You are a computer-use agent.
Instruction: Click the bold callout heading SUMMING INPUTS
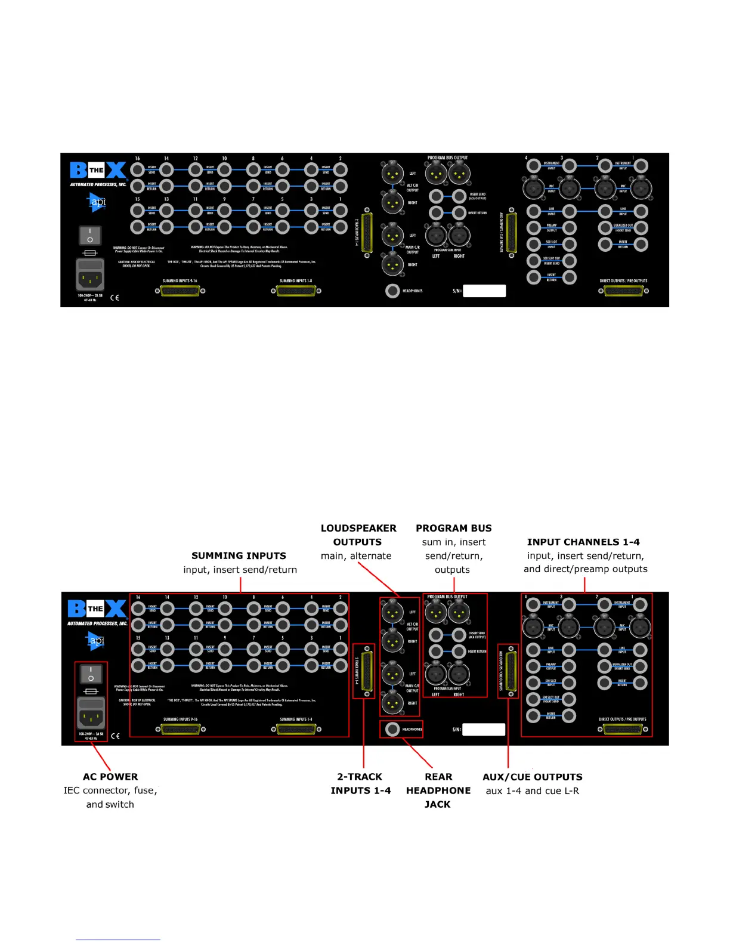[239, 555]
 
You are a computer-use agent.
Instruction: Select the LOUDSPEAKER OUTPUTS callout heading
[358, 535]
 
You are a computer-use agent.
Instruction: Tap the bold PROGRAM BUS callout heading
[453, 528]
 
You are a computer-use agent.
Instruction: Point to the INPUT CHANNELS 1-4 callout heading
[583, 542]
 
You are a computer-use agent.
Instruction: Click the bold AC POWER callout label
[110, 776]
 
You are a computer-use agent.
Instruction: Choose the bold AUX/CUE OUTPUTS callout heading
[532, 776]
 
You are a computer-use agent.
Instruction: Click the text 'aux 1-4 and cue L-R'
[532, 790]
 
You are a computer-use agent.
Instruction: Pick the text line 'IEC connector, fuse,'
[110, 790]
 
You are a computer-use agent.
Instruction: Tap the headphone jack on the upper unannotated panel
[392, 291]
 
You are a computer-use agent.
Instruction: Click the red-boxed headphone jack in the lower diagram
[392, 729]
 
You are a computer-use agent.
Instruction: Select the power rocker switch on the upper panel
[90, 235]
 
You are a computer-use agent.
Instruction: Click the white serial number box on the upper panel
[484, 291]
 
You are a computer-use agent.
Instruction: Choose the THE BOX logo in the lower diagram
[97, 609]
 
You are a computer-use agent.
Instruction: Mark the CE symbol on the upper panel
[115, 297]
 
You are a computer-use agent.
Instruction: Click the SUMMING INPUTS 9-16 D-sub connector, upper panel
[180, 291]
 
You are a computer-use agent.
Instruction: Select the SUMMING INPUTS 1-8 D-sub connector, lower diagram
[296, 729]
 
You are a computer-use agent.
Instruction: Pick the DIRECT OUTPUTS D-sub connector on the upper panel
[623, 291]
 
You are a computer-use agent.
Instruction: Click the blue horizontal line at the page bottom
[117, 940]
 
